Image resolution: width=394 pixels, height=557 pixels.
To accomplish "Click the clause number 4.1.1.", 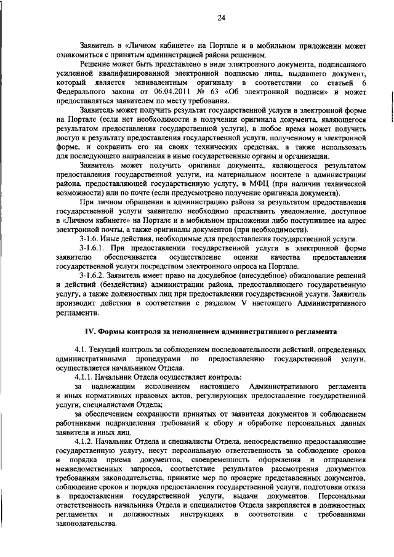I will (86, 376).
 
